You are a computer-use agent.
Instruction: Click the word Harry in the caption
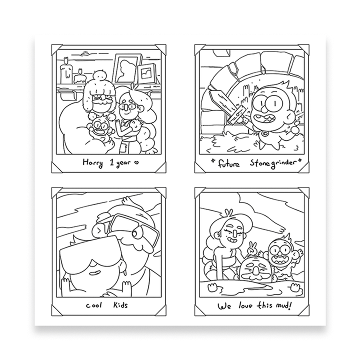point(92,163)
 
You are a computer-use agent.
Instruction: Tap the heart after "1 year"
point(136,162)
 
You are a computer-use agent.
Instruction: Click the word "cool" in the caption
point(94,305)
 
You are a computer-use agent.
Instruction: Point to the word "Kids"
point(120,305)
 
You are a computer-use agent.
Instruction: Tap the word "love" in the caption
point(245,306)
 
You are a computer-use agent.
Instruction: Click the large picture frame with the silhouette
point(127,68)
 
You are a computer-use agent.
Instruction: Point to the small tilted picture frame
point(147,73)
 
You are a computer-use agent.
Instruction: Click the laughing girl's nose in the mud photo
point(234,233)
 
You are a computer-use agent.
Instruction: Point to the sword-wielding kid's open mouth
point(267,119)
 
